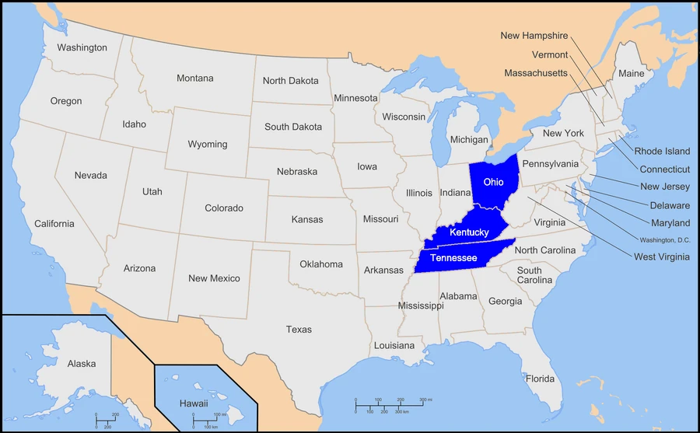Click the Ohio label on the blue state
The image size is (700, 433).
(493, 182)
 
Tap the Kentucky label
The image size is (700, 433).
(469, 232)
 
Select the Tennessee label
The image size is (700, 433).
(453, 257)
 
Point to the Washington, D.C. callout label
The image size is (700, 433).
(665, 239)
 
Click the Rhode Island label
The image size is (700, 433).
(662, 152)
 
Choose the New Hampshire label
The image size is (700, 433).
(534, 36)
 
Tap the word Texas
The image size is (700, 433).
(299, 330)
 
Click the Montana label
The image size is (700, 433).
(194, 79)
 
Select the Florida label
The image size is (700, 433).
(540, 379)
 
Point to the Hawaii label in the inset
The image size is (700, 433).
(194, 403)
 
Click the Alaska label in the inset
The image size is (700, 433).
(82, 364)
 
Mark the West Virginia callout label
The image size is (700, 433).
(661, 257)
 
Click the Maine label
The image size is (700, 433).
(631, 74)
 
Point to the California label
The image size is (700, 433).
(54, 224)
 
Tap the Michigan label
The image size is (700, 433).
(470, 140)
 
